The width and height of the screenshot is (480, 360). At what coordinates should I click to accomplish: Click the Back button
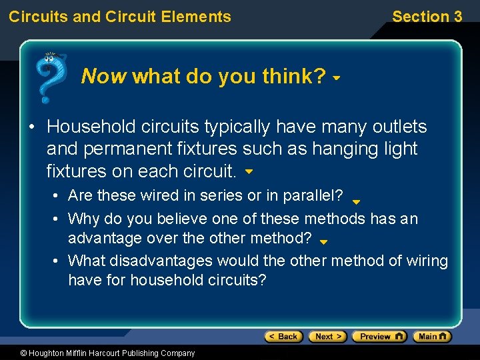(x=283, y=337)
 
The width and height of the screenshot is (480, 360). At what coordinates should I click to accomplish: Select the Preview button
(x=379, y=337)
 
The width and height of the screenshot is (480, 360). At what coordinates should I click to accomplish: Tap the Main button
(x=432, y=337)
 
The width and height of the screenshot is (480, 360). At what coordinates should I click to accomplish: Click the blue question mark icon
(x=49, y=77)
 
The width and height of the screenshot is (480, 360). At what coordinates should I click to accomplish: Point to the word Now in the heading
(x=103, y=77)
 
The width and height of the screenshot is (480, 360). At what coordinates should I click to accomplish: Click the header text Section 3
(x=427, y=17)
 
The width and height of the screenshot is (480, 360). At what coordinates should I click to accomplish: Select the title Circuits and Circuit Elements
(x=120, y=17)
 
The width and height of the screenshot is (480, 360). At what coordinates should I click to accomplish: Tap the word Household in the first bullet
(x=92, y=127)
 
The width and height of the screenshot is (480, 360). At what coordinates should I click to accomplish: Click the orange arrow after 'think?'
(x=337, y=79)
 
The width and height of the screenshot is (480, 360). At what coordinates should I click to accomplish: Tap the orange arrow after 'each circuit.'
(x=249, y=172)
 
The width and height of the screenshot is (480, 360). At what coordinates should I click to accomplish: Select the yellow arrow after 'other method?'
(x=324, y=243)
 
